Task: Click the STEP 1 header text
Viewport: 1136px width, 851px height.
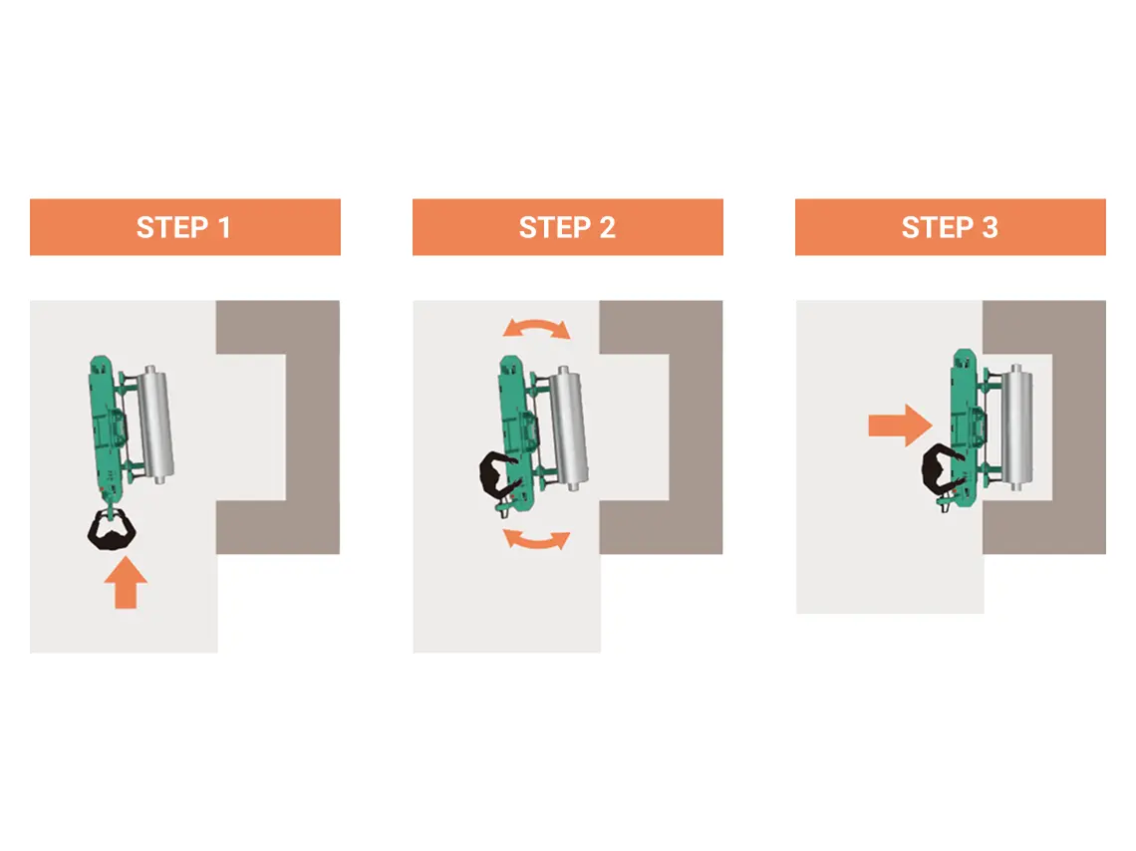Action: [x=183, y=227]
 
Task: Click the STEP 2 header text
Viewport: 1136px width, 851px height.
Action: [x=567, y=227]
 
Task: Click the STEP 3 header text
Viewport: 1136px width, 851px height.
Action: [x=949, y=227]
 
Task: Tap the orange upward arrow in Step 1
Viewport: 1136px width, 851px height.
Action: [x=126, y=582]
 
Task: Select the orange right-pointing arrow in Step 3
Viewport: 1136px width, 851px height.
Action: [x=901, y=425]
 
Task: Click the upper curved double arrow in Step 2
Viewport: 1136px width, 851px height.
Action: [x=537, y=327]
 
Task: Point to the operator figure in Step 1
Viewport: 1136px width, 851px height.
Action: [x=112, y=529]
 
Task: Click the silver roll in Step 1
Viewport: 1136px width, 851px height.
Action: [x=157, y=424]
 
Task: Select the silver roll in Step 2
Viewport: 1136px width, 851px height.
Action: [x=569, y=428]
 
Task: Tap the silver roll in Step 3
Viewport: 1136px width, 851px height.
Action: [x=1017, y=427]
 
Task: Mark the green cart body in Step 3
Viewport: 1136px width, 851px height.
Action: [x=965, y=427]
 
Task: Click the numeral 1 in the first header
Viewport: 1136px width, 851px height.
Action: [x=224, y=227]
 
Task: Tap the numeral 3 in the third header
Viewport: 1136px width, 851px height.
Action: [x=990, y=227]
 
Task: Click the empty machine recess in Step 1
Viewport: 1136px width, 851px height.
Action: [x=251, y=426]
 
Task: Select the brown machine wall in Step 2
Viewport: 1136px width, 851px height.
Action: [x=696, y=427]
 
